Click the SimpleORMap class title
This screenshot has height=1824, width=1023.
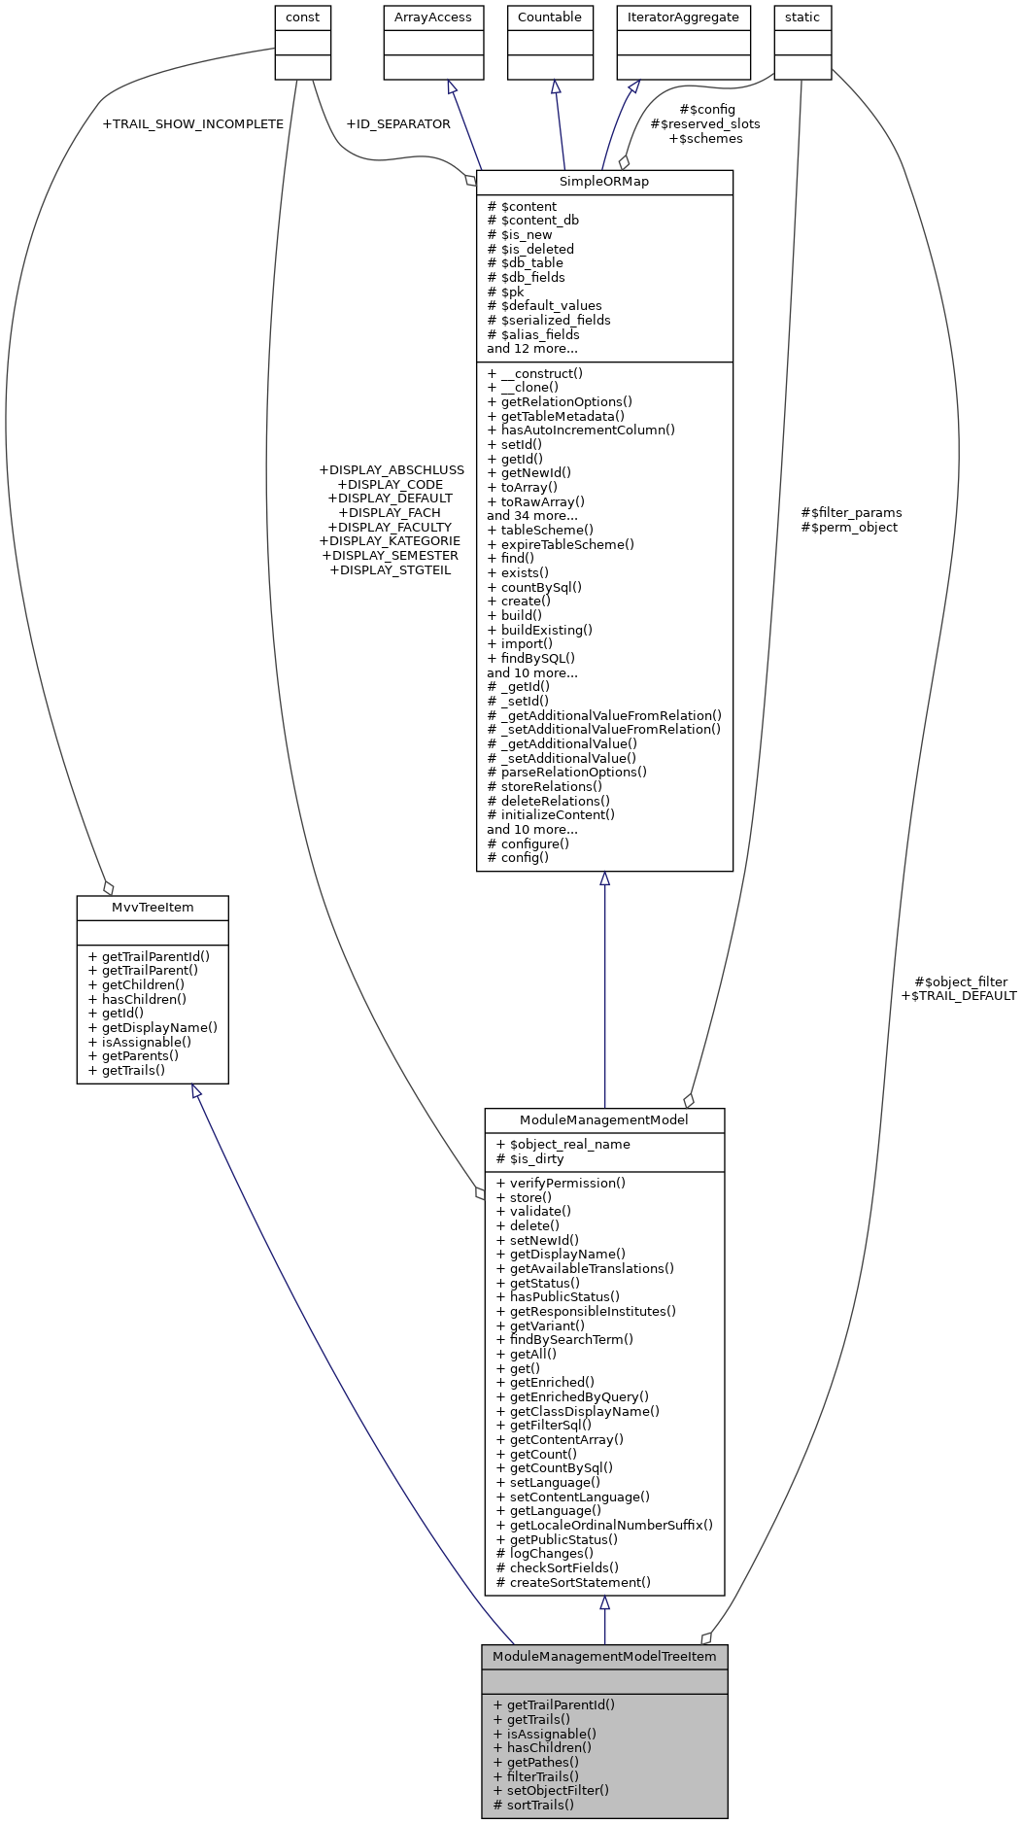coord(603,182)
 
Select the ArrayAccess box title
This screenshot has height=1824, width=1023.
coord(433,17)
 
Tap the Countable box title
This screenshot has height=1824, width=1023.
coord(550,17)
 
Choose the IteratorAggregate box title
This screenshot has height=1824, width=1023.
coord(683,17)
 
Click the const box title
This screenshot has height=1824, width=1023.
coord(303,17)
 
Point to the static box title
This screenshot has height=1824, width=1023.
coord(802,17)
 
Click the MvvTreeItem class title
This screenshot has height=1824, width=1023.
coord(153,908)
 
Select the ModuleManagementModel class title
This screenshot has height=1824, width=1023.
coord(604,1120)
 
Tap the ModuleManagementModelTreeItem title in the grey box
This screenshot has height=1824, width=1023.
coord(604,1657)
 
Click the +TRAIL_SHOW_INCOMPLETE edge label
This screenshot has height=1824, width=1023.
coord(192,124)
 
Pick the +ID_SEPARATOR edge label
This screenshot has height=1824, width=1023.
coord(398,124)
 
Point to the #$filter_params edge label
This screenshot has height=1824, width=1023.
coord(851,513)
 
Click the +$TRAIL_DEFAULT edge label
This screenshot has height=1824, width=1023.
coord(959,996)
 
